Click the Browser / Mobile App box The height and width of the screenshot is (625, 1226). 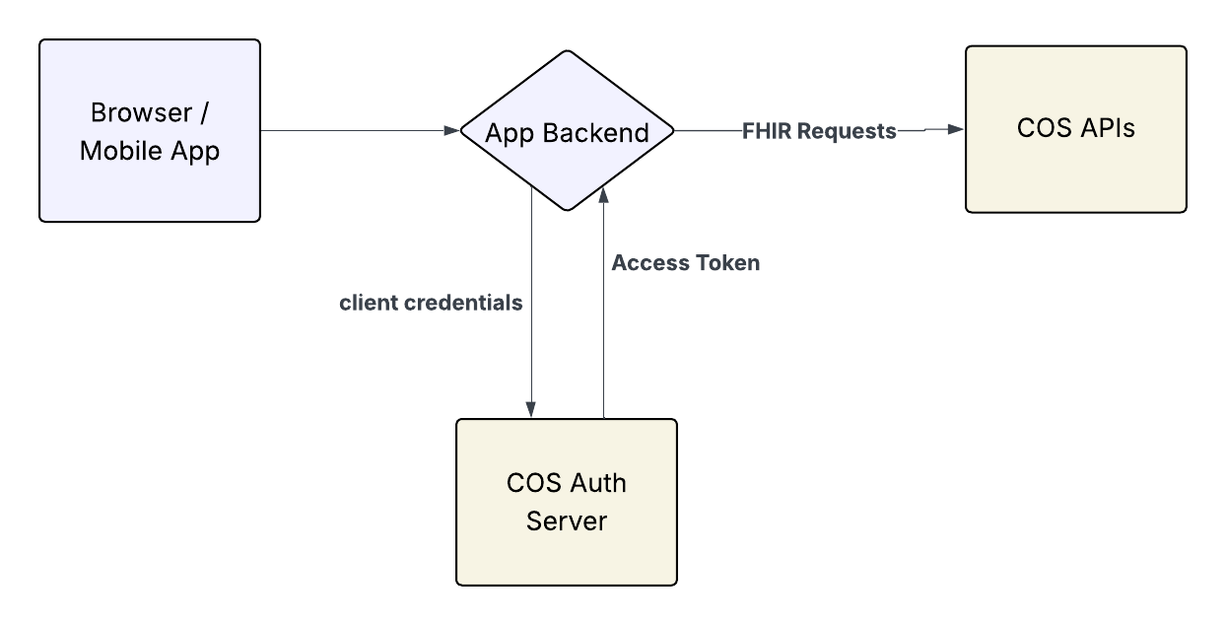click(150, 131)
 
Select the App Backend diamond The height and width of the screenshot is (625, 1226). click(567, 131)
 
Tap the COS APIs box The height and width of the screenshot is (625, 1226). click(1075, 129)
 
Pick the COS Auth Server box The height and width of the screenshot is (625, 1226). click(567, 502)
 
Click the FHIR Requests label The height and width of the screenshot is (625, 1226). click(819, 131)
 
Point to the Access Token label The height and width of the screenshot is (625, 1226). click(685, 263)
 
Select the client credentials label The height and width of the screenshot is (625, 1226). click(431, 304)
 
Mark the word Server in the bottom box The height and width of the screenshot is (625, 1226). click(567, 521)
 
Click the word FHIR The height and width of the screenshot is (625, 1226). click(766, 131)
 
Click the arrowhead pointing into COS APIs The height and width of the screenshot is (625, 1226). click(955, 129)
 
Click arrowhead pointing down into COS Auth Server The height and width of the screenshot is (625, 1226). click(532, 409)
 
